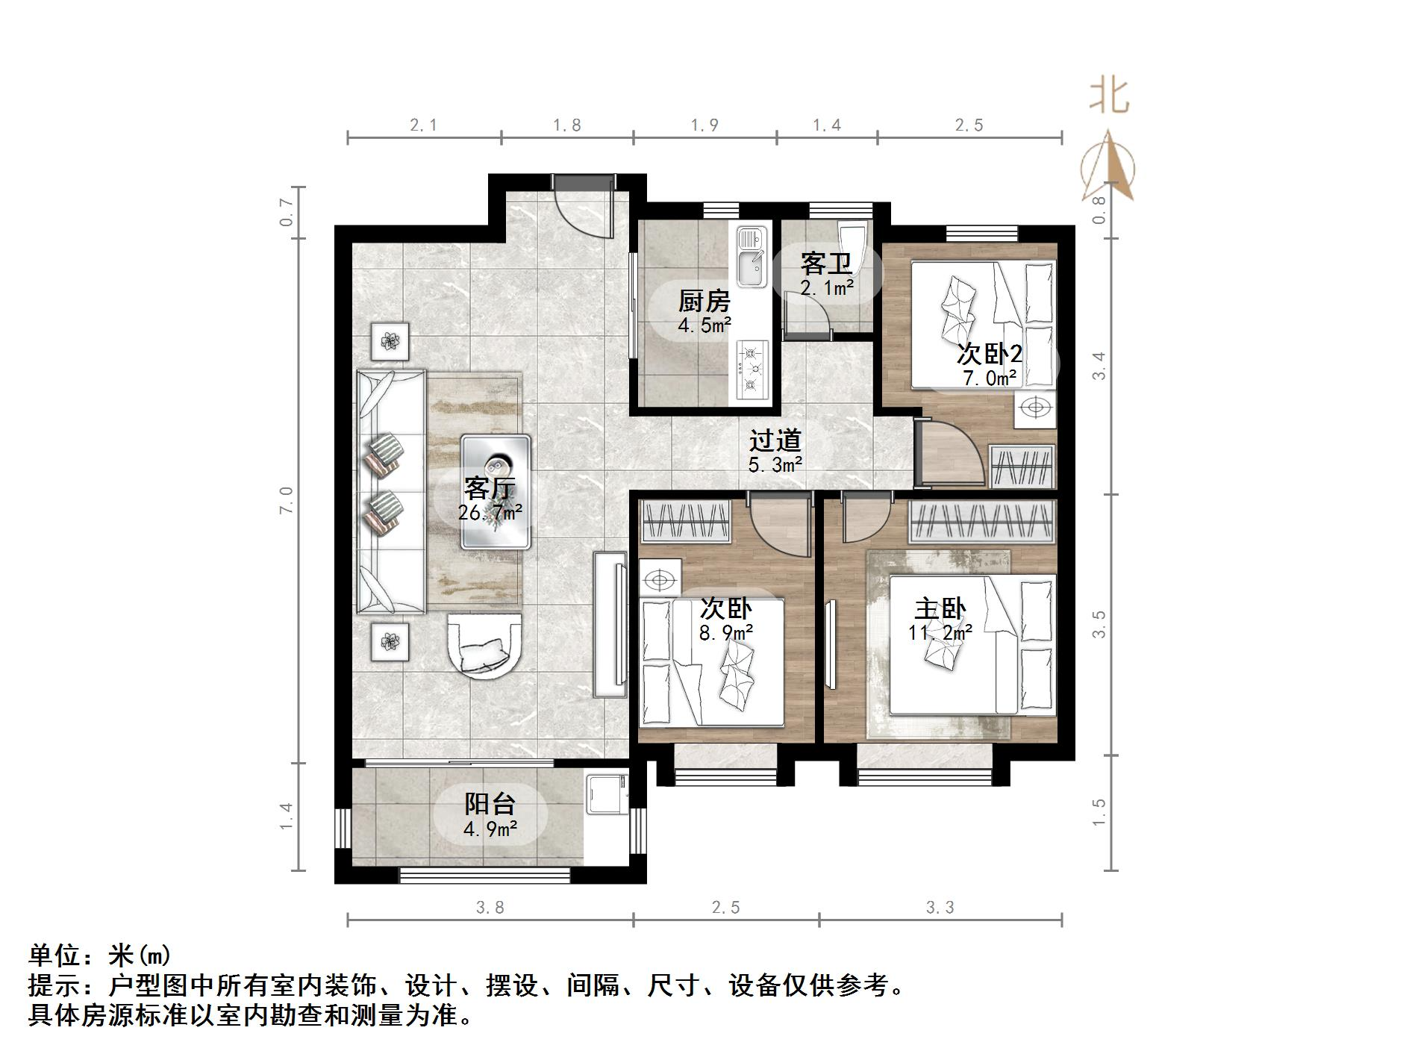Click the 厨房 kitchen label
(704, 302)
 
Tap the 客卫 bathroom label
(826, 264)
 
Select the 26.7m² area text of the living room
(490, 513)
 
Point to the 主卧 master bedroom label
(940, 609)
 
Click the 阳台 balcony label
(490, 804)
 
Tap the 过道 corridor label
(775, 440)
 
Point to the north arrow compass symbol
(1109, 168)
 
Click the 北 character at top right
(1110, 98)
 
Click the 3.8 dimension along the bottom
(490, 907)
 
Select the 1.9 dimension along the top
(704, 125)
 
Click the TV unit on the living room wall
(610, 623)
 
